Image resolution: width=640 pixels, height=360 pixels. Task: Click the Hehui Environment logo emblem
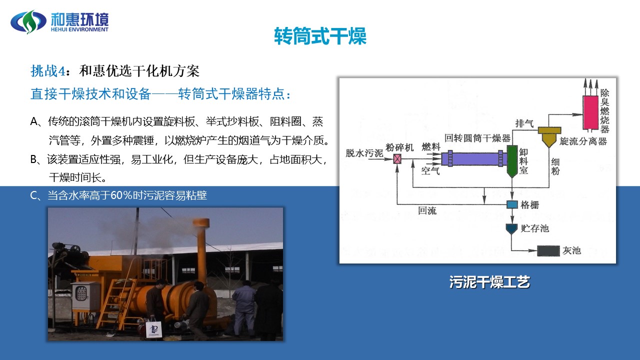point(28,21)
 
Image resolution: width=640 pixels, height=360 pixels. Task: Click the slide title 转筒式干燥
point(320,36)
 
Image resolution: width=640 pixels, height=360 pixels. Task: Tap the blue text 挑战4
point(48,71)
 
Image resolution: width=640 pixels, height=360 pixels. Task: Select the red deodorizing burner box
point(590,112)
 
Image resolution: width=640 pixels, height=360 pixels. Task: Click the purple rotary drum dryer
point(474,158)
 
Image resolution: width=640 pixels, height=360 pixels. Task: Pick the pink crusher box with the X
point(397,159)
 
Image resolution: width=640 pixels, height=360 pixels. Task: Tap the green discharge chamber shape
point(512,160)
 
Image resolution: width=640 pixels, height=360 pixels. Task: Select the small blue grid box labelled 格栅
point(512,204)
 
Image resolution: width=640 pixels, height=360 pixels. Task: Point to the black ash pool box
point(548,251)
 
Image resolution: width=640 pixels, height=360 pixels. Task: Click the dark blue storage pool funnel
point(511,229)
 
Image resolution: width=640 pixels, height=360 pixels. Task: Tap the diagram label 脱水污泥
point(364,153)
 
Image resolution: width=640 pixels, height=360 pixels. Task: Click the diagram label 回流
point(427,211)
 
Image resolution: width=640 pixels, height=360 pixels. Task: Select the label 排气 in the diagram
point(524,123)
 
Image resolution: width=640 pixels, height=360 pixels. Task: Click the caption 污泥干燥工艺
point(489,282)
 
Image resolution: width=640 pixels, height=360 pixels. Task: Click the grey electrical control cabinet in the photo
point(84,295)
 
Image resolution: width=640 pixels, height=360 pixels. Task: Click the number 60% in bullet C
point(121,195)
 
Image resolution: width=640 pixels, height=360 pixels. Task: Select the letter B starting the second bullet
point(33,159)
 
